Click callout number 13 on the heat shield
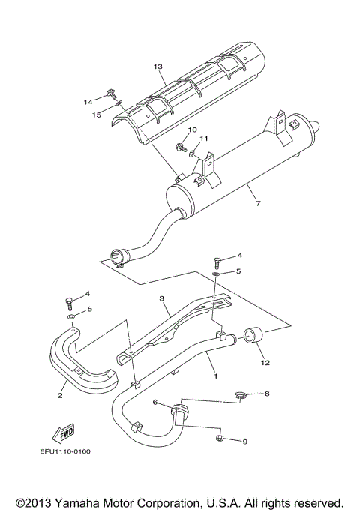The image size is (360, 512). tap(158, 67)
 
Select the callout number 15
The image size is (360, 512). tap(97, 115)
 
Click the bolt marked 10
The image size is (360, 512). tap(181, 147)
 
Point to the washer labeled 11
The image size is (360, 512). tap(193, 154)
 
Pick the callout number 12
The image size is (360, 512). tap(263, 362)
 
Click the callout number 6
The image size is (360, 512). tap(155, 403)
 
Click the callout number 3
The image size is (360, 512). tap(160, 298)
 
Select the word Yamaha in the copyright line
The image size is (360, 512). tap(85, 502)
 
